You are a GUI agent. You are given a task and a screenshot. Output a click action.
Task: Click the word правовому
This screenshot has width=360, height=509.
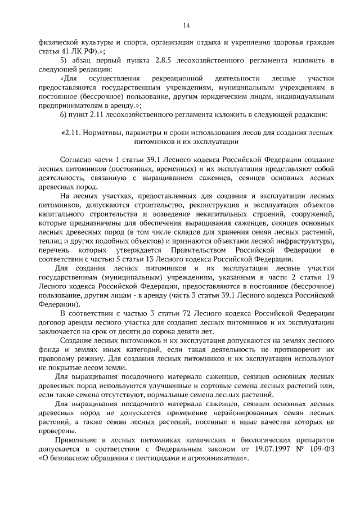click(x=59, y=358)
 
